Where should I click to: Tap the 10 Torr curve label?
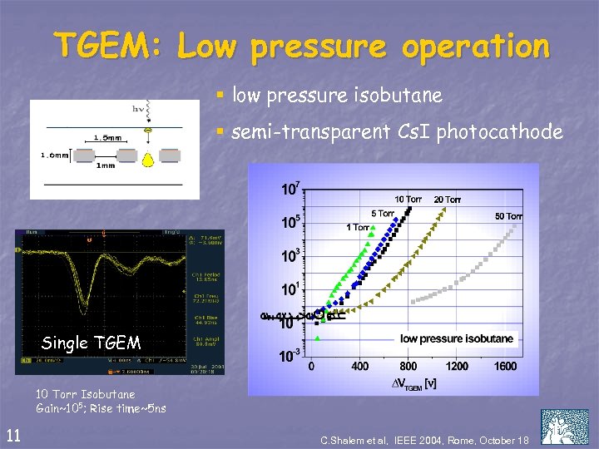(408, 199)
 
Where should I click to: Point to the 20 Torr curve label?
(448, 199)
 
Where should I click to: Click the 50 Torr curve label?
(508, 216)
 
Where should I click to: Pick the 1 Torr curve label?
(359, 227)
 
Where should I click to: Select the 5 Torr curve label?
(383, 214)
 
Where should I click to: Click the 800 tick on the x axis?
(408, 366)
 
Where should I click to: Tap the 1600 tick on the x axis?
(505, 366)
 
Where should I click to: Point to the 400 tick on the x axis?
(359, 366)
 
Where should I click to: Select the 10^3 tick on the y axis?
(290, 257)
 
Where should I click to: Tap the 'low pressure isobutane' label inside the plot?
(457, 338)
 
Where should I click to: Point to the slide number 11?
(13, 433)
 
